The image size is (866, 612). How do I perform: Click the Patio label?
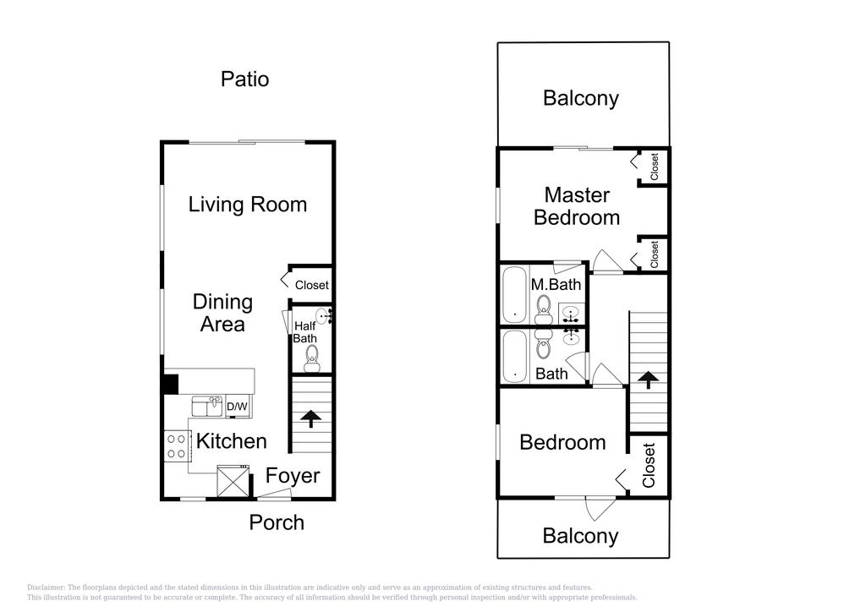pos(244,79)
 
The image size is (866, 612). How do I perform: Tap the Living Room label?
pos(247,205)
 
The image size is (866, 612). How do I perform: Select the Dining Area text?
pos(222,313)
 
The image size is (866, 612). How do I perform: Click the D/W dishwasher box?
pos(238,407)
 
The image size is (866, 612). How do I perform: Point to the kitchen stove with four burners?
pos(177,446)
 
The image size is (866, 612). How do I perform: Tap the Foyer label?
pos(293,476)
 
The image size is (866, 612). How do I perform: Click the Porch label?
pos(276,522)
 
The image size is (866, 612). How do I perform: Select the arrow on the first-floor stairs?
pos(311,418)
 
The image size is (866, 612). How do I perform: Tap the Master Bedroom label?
pos(577,206)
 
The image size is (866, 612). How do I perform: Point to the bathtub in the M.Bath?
pos(515,295)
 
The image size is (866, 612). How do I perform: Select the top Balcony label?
pos(580,98)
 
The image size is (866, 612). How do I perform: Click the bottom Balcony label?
pos(580,536)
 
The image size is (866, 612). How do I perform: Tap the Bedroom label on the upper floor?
pos(562,442)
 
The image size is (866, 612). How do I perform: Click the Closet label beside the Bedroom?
pos(649,465)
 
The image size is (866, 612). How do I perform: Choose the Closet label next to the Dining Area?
pos(311,286)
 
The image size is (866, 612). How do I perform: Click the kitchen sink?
pos(206,406)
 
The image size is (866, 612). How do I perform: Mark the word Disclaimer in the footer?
pos(46,587)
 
